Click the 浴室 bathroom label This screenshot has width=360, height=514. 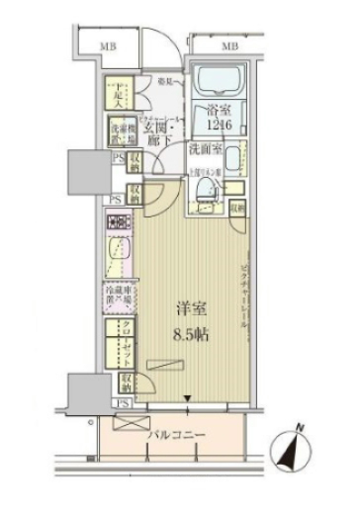point(220,114)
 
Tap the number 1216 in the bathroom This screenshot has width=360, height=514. point(220,127)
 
